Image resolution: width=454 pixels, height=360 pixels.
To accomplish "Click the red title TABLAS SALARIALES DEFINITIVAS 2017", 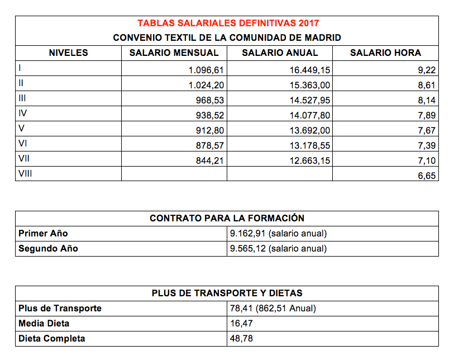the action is click(x=228, y=23).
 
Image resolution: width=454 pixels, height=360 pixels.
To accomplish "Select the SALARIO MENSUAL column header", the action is click(x=174, y=53).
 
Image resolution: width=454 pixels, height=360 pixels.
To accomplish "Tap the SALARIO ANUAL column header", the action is click(x=280, y=53).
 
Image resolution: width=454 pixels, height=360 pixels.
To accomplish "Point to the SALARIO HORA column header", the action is click(x=385, y=53).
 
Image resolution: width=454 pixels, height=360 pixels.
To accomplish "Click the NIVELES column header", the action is click(x=69, y=53).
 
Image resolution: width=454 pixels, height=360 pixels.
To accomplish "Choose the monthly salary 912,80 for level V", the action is click(x=210, y=130).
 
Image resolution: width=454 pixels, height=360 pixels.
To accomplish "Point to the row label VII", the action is click(x=24, y=159).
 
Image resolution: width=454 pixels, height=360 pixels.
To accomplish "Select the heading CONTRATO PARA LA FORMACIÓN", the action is click(x=227, y=219).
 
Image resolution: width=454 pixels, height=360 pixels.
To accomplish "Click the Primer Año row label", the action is click(x=43, y=234).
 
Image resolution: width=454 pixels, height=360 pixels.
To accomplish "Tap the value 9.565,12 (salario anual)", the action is click(x=278, y=249).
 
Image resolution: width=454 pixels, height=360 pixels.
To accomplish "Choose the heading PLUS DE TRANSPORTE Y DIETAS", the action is click(x=227, y=293).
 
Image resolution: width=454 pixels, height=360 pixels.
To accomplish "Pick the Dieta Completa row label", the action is click(x=51, y=339).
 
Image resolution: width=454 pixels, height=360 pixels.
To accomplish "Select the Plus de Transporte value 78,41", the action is click(x=240, y=309).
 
